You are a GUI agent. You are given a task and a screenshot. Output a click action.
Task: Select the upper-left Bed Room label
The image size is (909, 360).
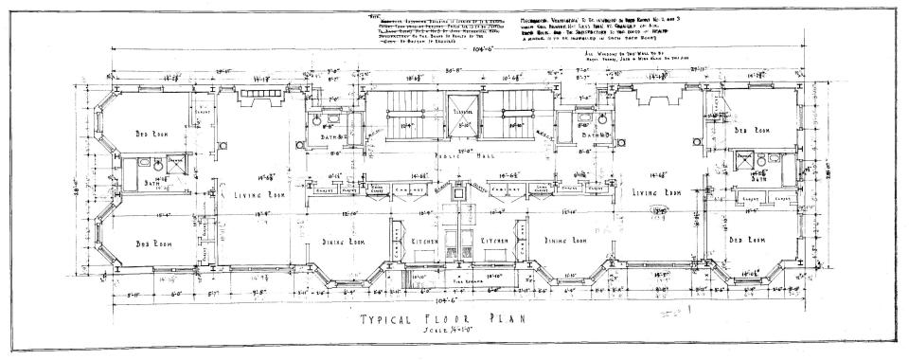coord(151,134)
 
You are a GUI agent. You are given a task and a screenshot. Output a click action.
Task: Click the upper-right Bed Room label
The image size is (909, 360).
coord(755,130)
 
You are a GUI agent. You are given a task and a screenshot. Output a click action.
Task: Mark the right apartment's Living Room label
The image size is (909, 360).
coord(661,192)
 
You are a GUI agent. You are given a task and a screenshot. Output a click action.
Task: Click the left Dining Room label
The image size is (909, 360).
coord(343,242)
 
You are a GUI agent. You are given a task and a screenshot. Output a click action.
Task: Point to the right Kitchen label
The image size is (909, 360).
coord(492,243)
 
